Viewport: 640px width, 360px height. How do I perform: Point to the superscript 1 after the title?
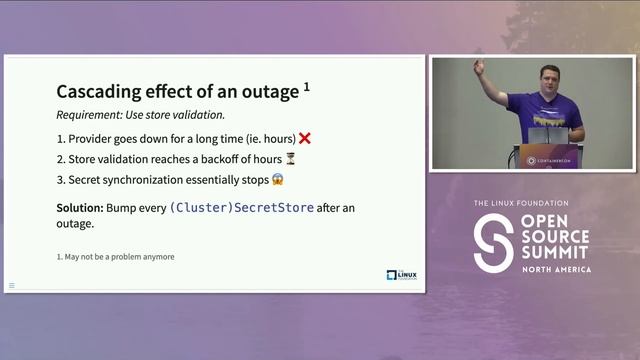(x=306, y=87)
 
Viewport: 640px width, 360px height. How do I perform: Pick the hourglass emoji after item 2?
(x=290, y=159)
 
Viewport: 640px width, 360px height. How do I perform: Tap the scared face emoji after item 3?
(x=277, y=180)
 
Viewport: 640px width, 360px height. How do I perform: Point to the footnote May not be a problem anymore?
(x=115, y=257)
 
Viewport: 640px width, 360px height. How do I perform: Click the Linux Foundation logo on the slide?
(x=401, y=274)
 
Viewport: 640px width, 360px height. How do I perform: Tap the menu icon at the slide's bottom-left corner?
(x=12, y=285)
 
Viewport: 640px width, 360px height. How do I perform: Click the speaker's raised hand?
(x=479, y=67)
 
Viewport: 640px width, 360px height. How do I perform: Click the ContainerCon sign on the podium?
(x=546, y=158)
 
